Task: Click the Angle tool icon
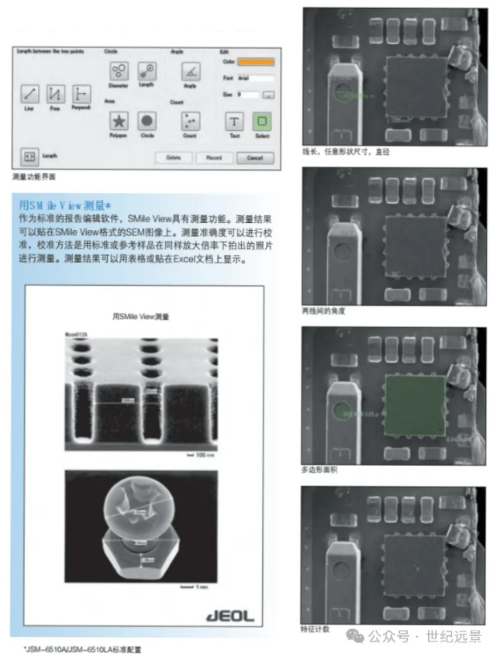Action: click(x=191, y=71)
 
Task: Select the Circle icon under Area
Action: click(x=147, y=121)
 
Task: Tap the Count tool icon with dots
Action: click(x=191, y=121)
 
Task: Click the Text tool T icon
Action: click(x=234, y=121)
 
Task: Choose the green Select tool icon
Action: click(x=262, y=121)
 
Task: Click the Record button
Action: click(x=214, y=157)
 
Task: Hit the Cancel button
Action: click(x=255, y=157)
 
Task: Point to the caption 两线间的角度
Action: click(x=323, y=311)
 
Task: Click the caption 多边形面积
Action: click(x=320, y=470)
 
